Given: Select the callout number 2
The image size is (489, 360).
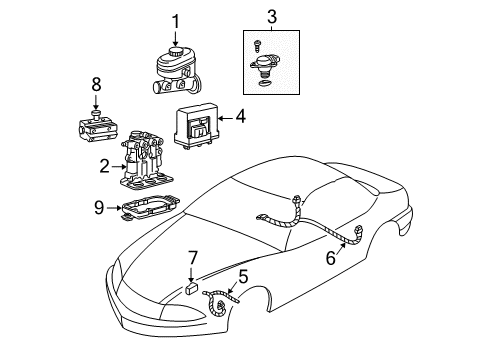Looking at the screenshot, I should point(103,166).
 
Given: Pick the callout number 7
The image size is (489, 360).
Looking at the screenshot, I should point(194,260).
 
